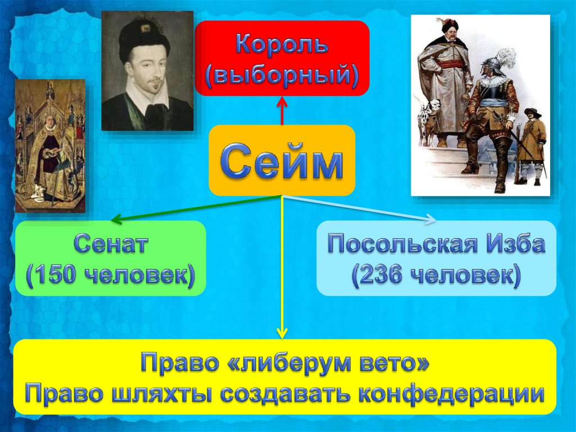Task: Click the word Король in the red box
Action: pos(282,45)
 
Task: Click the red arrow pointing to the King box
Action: pos(282,110)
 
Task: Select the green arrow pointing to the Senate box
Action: pos(196,209)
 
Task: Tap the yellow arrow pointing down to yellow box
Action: pos(282,267)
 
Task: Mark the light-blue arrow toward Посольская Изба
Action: pos(359,209)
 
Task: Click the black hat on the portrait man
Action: pos(145,39)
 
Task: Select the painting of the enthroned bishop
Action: pos(50,146)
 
